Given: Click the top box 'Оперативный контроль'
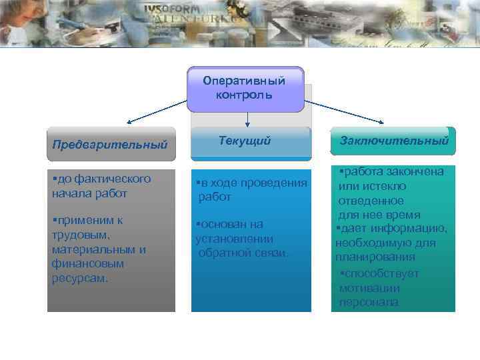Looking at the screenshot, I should (245, 88).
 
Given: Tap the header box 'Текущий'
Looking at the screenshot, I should (251, 141).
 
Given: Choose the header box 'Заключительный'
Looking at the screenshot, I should (393, 141).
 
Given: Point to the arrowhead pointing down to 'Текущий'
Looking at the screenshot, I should (247, 124).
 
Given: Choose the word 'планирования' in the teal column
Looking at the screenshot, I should (375, 257).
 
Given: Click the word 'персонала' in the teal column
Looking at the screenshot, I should (369, 303).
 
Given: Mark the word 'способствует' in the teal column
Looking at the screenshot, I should (379, 273).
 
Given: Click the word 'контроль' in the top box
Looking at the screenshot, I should (245, 95).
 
